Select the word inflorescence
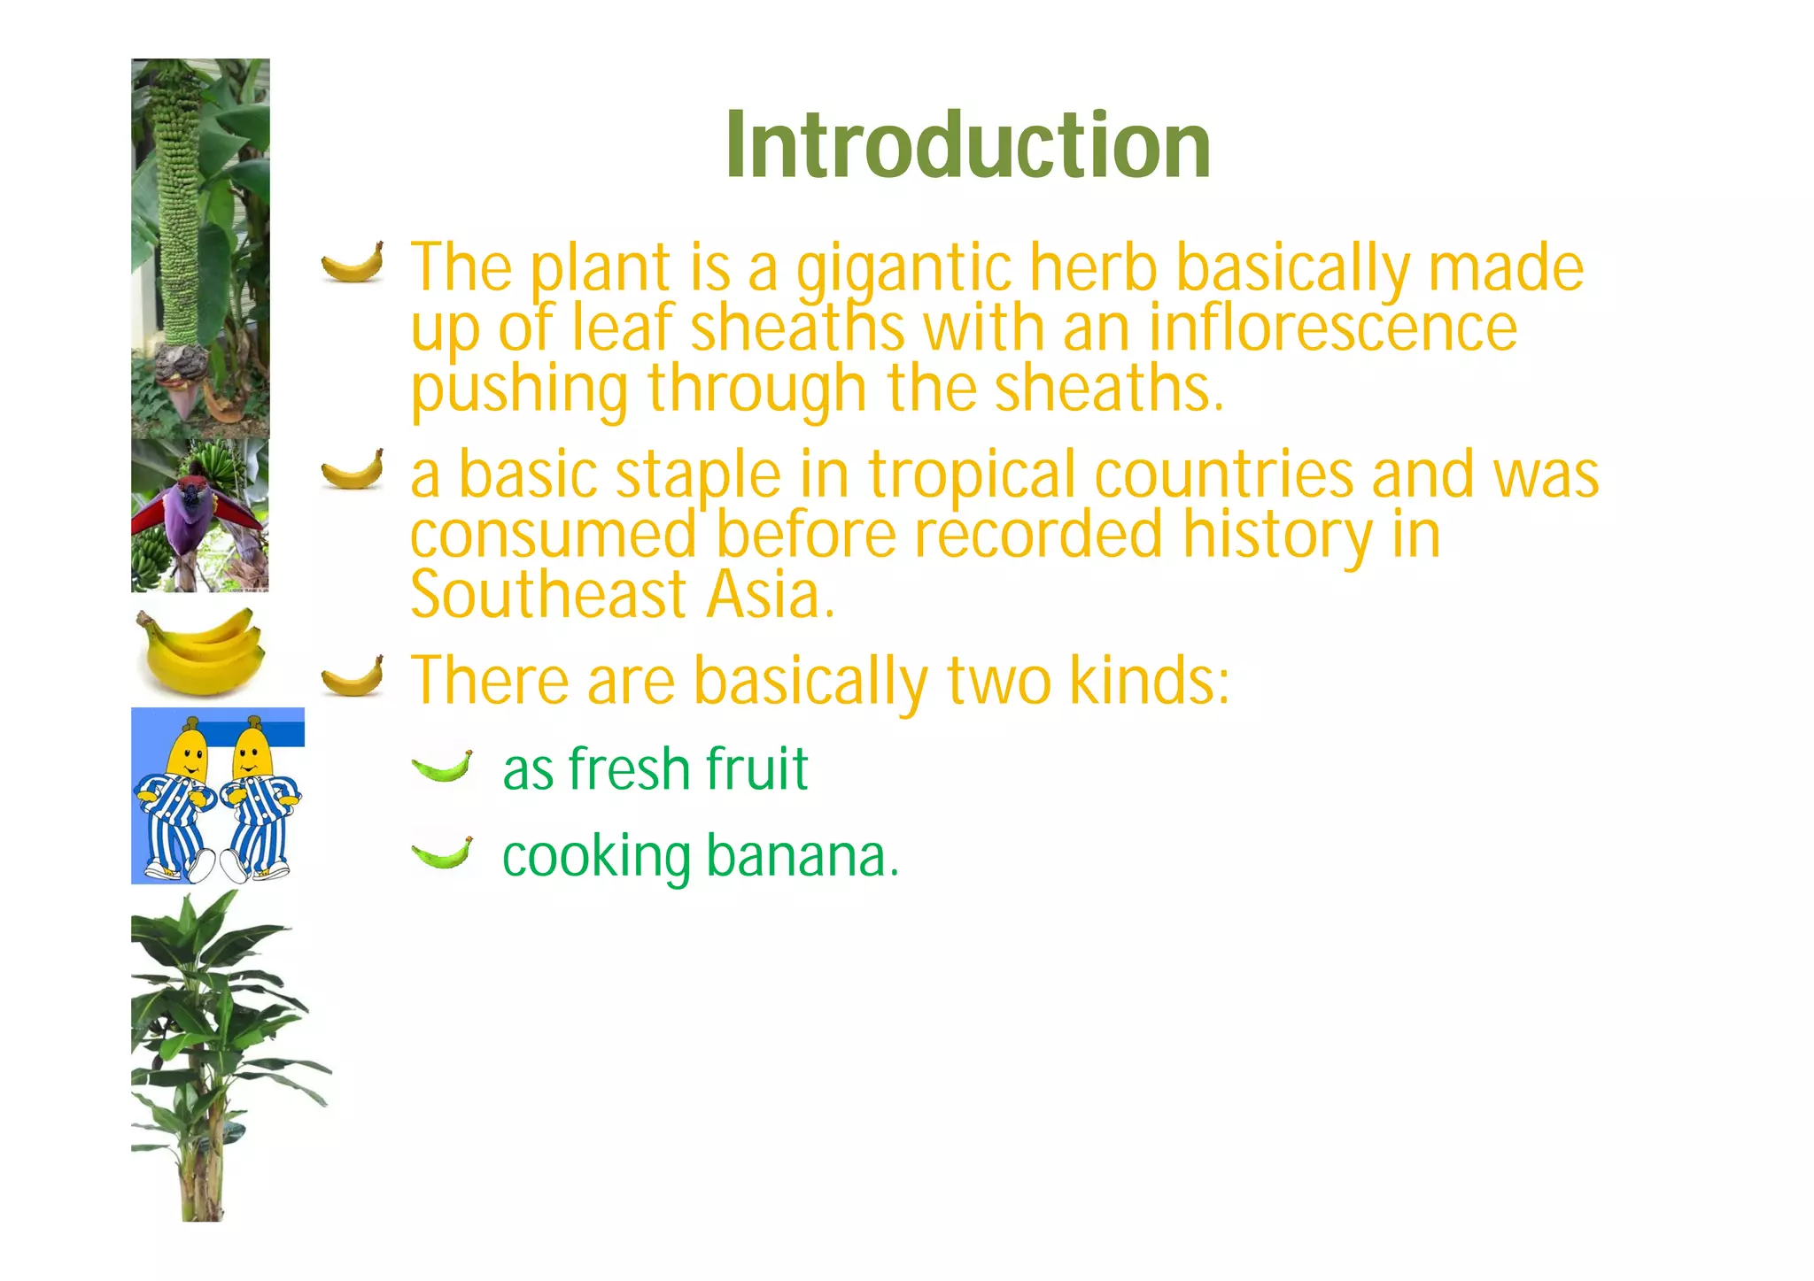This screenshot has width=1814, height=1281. click(x=1333, y=327)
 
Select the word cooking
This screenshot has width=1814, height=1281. click(x=596, y=858)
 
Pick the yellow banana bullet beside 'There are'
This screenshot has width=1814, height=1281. click(x=353, y=678)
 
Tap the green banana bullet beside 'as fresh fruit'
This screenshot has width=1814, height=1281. click(x=442, y=767)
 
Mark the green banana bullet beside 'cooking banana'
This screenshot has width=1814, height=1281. click(x=442, y=853)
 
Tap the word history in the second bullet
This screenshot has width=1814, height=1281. click(x=1277, y=536)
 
